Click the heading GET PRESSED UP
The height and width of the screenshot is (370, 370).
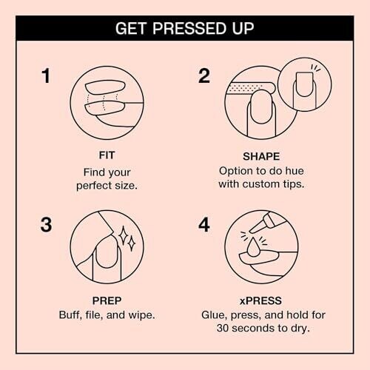coord(185,28)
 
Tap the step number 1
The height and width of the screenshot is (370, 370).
coord(46,75)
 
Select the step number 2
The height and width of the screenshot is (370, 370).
coord(204,75)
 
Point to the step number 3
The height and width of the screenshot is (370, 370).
coord(47,225)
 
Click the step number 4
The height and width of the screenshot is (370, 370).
coord(204,225)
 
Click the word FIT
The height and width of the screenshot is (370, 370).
coord(107,155)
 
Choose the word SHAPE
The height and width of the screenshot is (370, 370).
coord(261,156)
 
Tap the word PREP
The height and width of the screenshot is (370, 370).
coord(107,300)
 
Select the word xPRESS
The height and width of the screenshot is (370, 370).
coord(260,300)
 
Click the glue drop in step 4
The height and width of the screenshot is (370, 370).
coord(252,247)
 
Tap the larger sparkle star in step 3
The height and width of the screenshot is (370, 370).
coord(123,235)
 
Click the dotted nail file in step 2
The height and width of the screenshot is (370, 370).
coord(249,88)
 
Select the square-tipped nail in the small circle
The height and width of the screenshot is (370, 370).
coord(304,84)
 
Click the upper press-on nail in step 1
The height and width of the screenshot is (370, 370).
coord(105,87)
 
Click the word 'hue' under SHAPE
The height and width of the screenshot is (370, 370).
coord(295,171)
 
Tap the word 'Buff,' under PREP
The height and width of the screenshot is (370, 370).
coord(70,315)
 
